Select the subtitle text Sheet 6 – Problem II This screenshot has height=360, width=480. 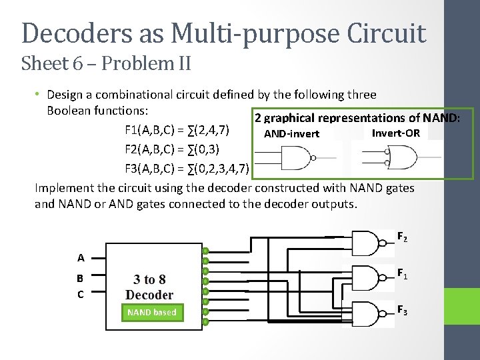click(107, 64)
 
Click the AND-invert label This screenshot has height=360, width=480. click(292, 134)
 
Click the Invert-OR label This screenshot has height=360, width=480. click(395, 133)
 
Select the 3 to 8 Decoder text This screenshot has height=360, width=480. click(149, 287)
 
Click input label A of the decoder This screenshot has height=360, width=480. click(81, 257)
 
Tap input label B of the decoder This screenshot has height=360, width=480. click(80, 279)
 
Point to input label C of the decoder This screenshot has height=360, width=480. click(80, 294)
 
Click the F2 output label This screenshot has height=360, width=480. click(403, 237)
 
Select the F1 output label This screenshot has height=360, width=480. click(403, 273)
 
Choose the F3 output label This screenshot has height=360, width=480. click(403, 309)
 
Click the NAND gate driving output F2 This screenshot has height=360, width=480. click(366, 243)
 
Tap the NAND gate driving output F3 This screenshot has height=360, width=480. click(366, 313)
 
